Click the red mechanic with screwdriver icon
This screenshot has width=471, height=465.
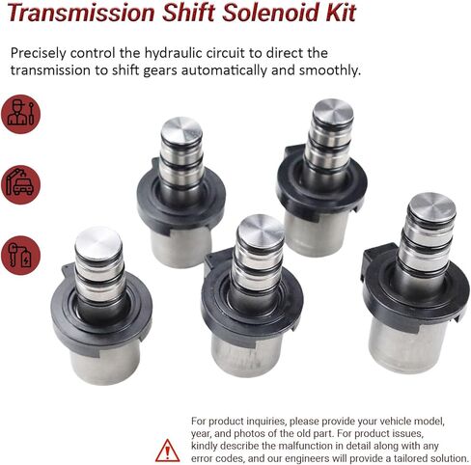click(x=20, y=114)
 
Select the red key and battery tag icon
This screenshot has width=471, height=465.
click(x=20, y=255)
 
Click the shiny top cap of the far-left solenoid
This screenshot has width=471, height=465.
click(x=97, y=241)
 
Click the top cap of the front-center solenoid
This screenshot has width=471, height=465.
click(x=261, y=229)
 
